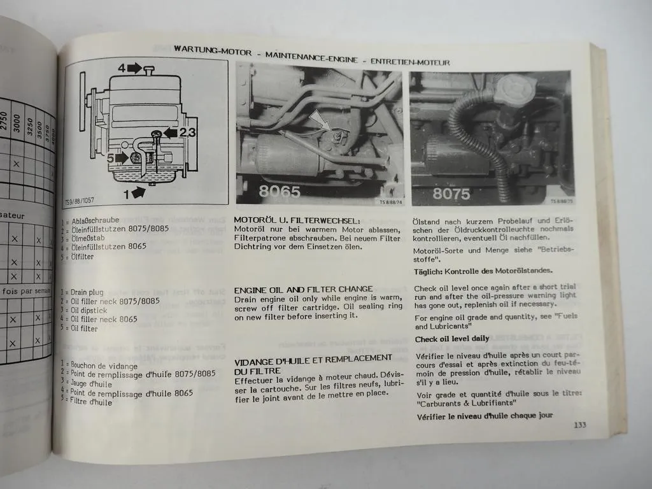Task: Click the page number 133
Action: pos(579,425)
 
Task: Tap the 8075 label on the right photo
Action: pos(451,194)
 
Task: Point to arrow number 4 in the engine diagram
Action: pos(130,67)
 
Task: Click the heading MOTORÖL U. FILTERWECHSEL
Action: pos(292,220)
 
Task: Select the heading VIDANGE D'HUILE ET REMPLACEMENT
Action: pos(313,359)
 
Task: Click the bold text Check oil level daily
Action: pos(452,339)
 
